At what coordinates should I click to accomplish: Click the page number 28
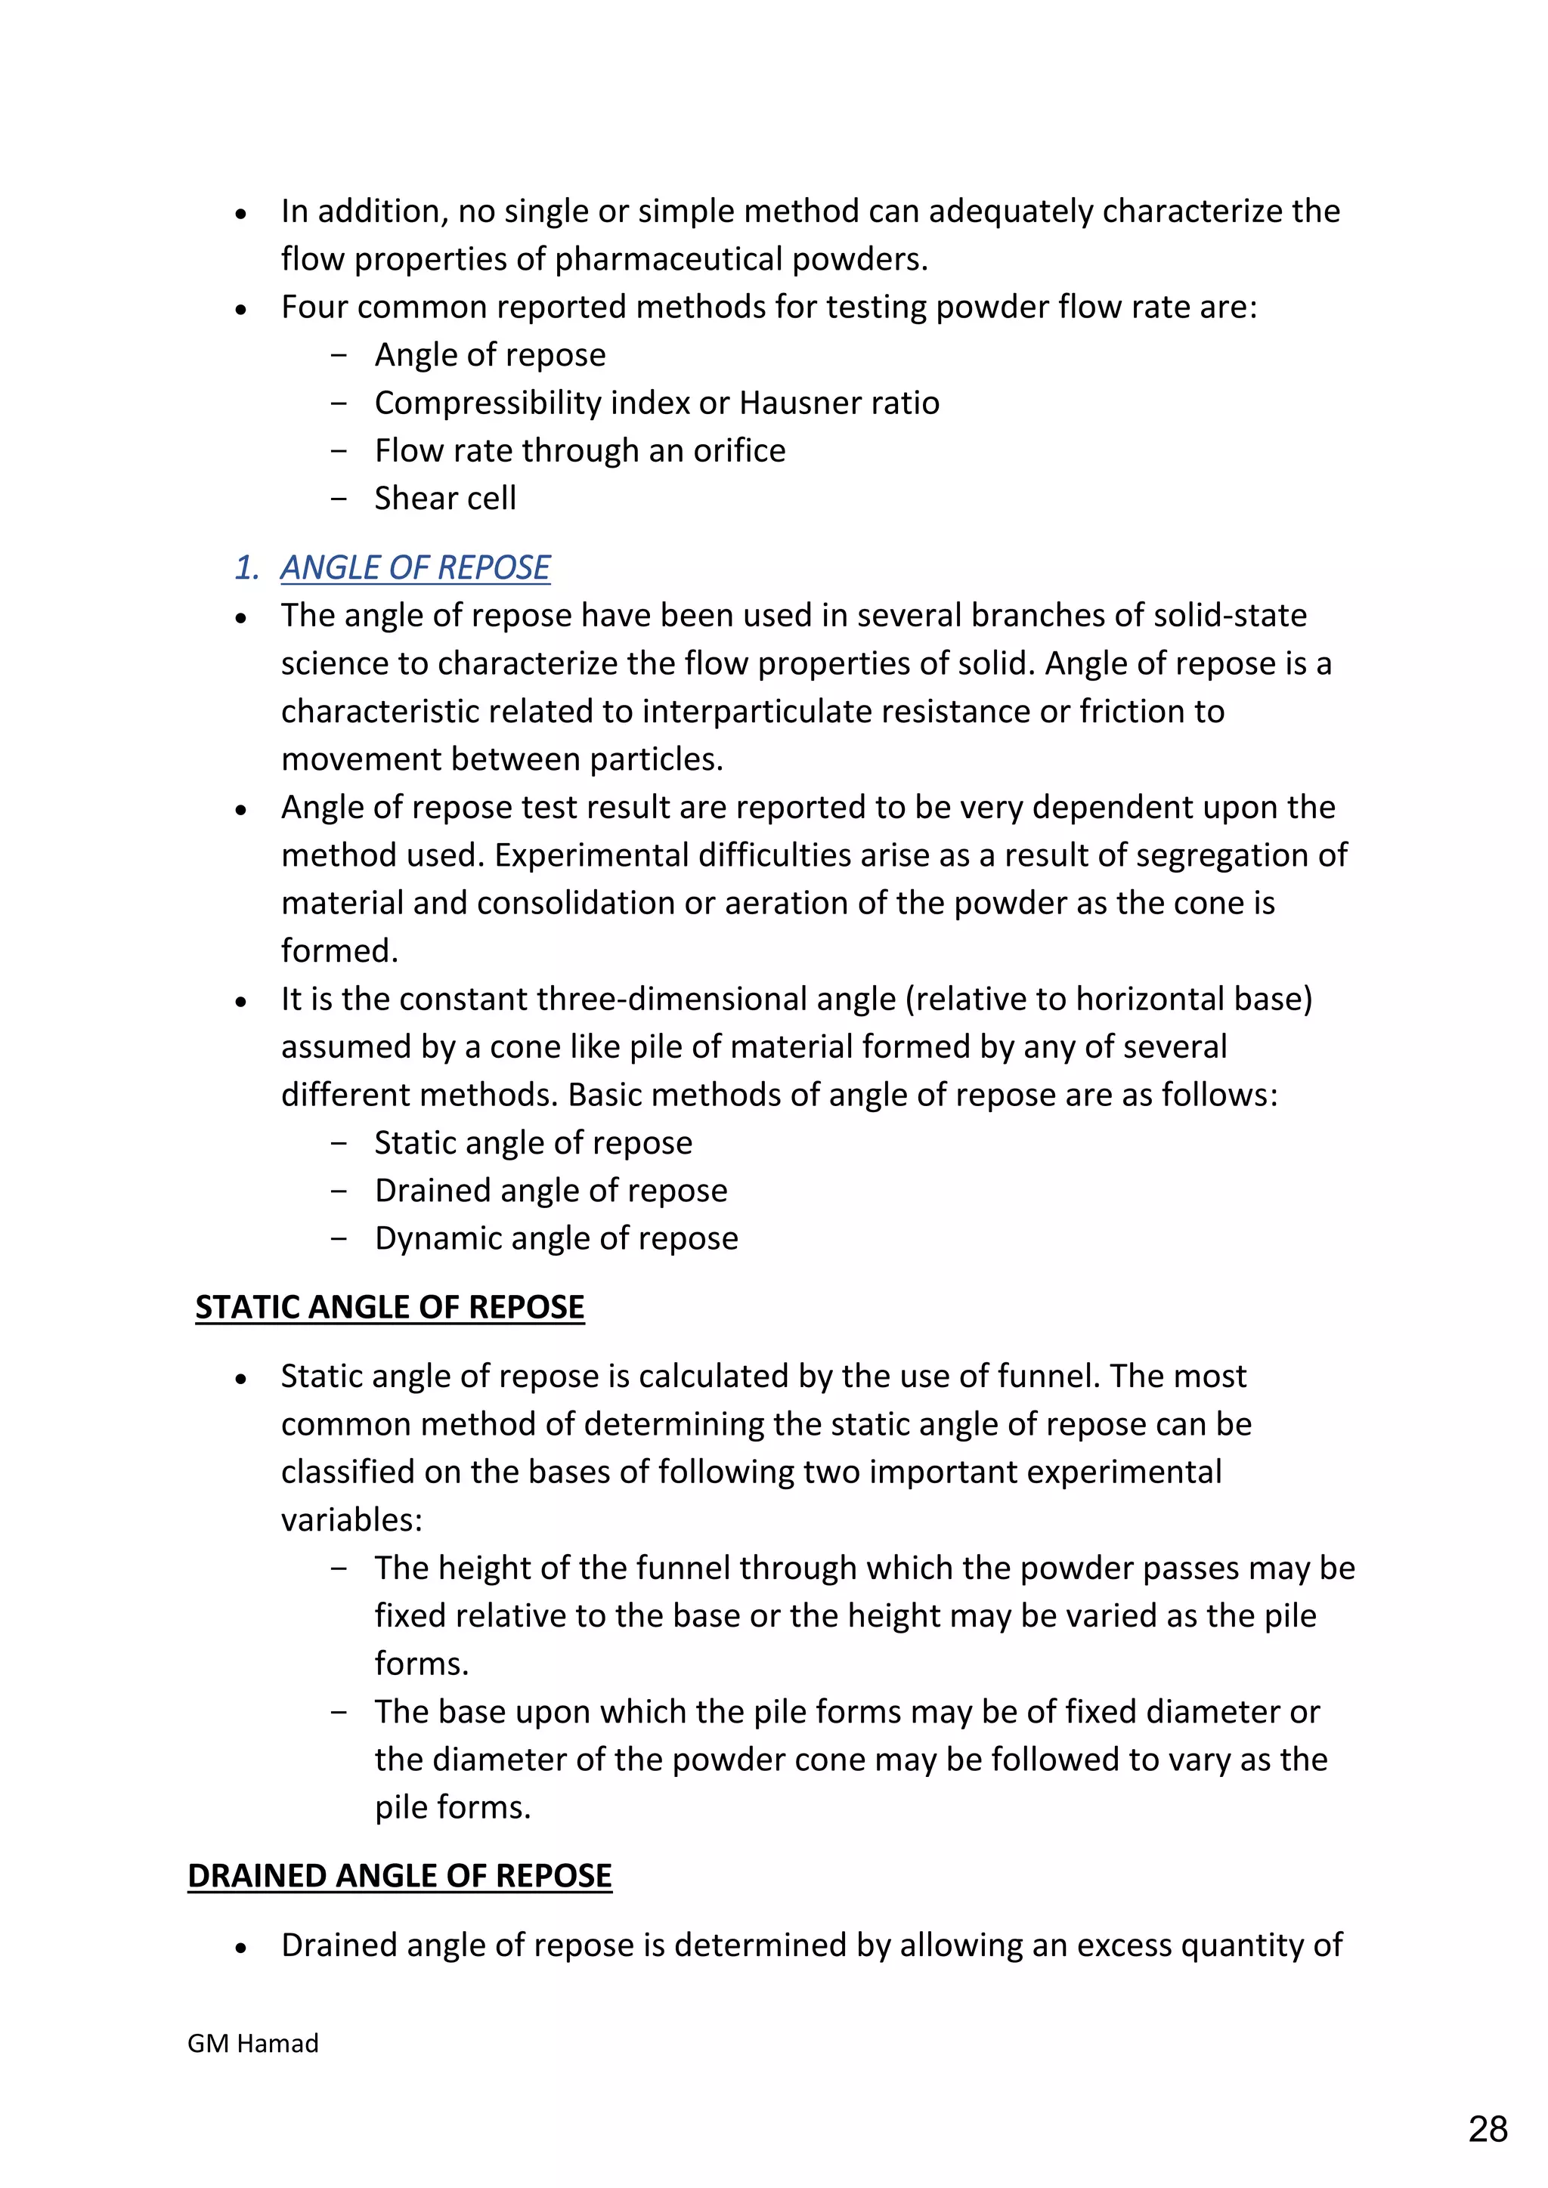(x=1488, y=2128)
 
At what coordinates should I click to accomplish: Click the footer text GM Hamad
(x=252, y=2043)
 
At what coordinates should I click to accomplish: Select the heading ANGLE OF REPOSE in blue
(x=415, y=568)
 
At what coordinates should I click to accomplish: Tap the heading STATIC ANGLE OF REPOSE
(x=389, y=1306)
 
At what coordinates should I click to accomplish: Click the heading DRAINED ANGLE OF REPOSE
(x=399, y=1875)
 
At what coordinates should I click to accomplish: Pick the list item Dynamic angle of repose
(x=556, y=1238)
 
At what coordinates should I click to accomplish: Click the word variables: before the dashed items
(x=351, y=1520)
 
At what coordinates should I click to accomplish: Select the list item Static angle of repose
(x=533, y=1142)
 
